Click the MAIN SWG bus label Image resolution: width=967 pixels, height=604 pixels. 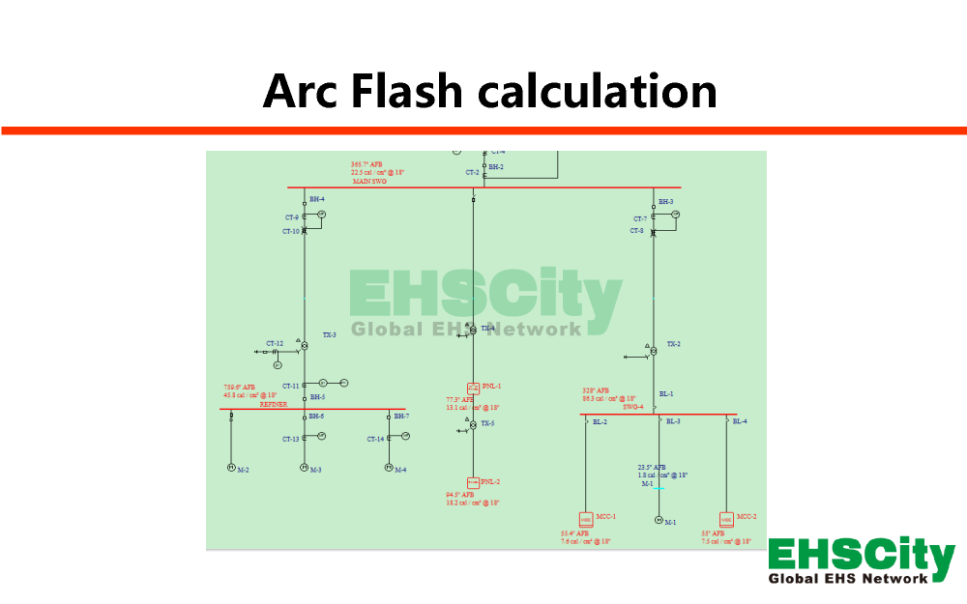[x=369, y=181]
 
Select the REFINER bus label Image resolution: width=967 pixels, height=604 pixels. [x=274, y=405]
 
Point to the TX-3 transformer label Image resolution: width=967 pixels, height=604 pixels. [x=330, y=334]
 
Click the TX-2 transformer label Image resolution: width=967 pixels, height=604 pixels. [x=673, y=344]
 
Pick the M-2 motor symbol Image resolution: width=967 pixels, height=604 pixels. [x=231, y=468]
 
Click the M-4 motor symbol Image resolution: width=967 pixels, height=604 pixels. [x=389, y=468]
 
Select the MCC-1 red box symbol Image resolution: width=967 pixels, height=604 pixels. [x=586, y=519]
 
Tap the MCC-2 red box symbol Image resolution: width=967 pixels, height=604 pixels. [x=726, y=519]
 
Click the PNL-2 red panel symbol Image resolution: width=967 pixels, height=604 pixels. [x=473, y=482]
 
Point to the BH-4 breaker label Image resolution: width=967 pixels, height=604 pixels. [x=317, y=199]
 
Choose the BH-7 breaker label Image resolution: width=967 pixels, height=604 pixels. [x=401, y=416]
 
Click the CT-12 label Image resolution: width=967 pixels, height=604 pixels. [x=276, y=343]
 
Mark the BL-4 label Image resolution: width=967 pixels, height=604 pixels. [x=740, y=421]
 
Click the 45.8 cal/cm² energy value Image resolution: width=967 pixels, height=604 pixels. [x=250, y=395]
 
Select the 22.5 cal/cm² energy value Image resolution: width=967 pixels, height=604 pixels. [x=377, y=172]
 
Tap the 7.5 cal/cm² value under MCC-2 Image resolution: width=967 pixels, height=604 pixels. [x=726, y=542]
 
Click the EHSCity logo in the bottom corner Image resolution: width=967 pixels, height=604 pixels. [x=861, y=561]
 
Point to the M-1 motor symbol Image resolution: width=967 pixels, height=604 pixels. [x=659, y=520]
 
